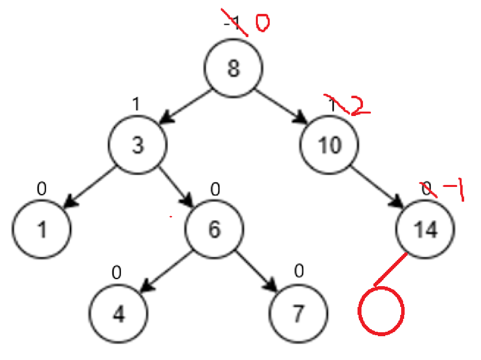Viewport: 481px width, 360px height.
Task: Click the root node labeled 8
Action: (x=233, y=68)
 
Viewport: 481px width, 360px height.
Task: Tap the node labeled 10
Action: (x=328, y=145)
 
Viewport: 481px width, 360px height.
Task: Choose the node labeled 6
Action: (x=214, y=230)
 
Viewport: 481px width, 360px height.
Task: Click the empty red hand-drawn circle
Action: (x=381, y=311)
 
